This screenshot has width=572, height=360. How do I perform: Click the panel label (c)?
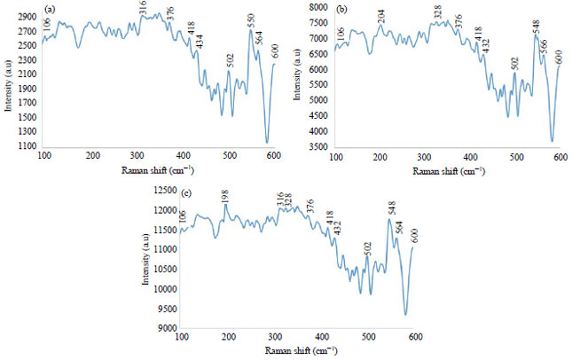point(185,192)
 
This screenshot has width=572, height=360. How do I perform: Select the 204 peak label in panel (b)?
point(381,16)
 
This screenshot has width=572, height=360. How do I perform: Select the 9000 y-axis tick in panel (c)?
point(165,329)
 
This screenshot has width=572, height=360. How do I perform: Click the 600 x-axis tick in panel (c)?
point(413,338)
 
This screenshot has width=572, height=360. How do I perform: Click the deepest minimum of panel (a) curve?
point(267,142)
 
